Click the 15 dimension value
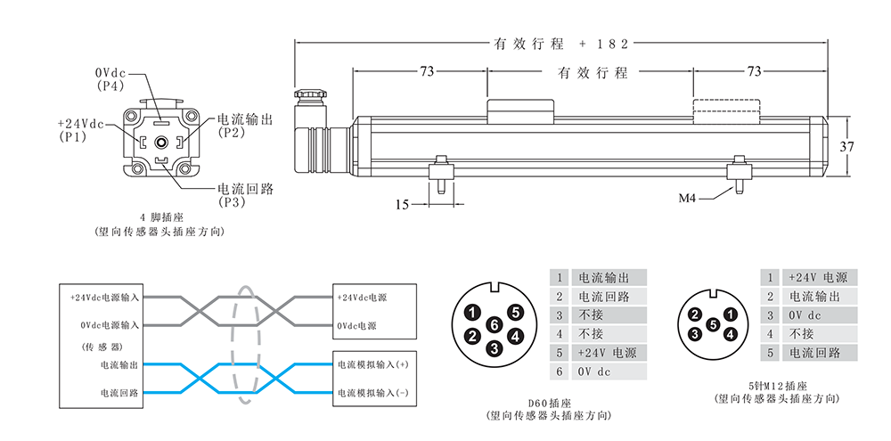(x=402, y=204)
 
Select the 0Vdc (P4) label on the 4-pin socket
(x=110, y=78)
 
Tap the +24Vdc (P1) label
(x=80, y=130)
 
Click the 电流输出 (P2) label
(x=244, y=126)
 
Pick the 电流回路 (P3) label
(x=245, y=196)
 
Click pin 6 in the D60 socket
(x=495, y=325)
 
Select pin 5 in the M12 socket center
(x=713, y=324)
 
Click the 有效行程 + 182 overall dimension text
(x=560, y=43)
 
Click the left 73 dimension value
(x=420, y=71)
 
